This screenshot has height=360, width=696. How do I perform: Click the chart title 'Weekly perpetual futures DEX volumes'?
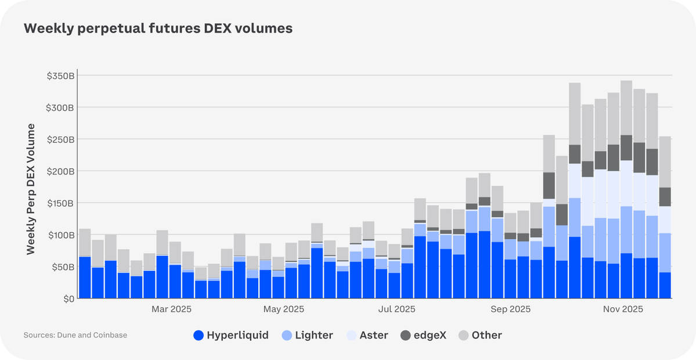point(158,28)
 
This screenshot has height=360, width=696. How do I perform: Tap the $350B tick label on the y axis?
point(60,76)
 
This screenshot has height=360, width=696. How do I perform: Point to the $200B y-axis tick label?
point(60,171)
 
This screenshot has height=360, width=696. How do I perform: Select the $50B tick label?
point(62,267)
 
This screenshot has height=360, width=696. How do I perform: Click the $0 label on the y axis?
point(68,298)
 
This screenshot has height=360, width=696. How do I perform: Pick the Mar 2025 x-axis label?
point(171,309)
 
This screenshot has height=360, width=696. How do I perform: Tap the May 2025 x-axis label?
point(284,309)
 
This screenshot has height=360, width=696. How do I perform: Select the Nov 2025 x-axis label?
point(622,309)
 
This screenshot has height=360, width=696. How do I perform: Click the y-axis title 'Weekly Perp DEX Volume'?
point(31,189)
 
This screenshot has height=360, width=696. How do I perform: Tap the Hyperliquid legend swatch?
point(199,335)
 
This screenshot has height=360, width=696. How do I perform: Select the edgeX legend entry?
point(423,335)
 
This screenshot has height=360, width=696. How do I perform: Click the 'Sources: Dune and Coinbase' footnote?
point(75,335)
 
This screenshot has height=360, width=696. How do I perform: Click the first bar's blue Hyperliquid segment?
point(85,278)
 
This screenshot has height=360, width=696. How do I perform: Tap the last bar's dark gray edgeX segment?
point(665,197)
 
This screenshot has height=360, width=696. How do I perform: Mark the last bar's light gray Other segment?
point(665,162)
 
